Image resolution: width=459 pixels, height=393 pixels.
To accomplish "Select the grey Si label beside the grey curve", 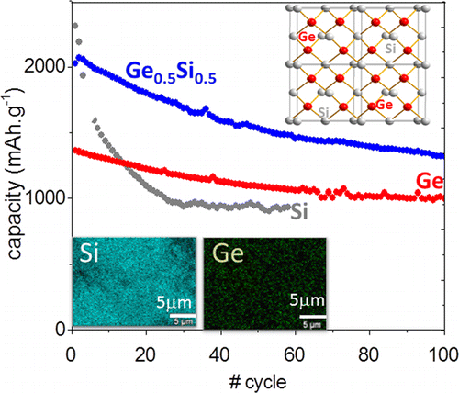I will click(298, 213).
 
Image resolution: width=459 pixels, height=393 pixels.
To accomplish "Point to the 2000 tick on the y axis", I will click(43, 66).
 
